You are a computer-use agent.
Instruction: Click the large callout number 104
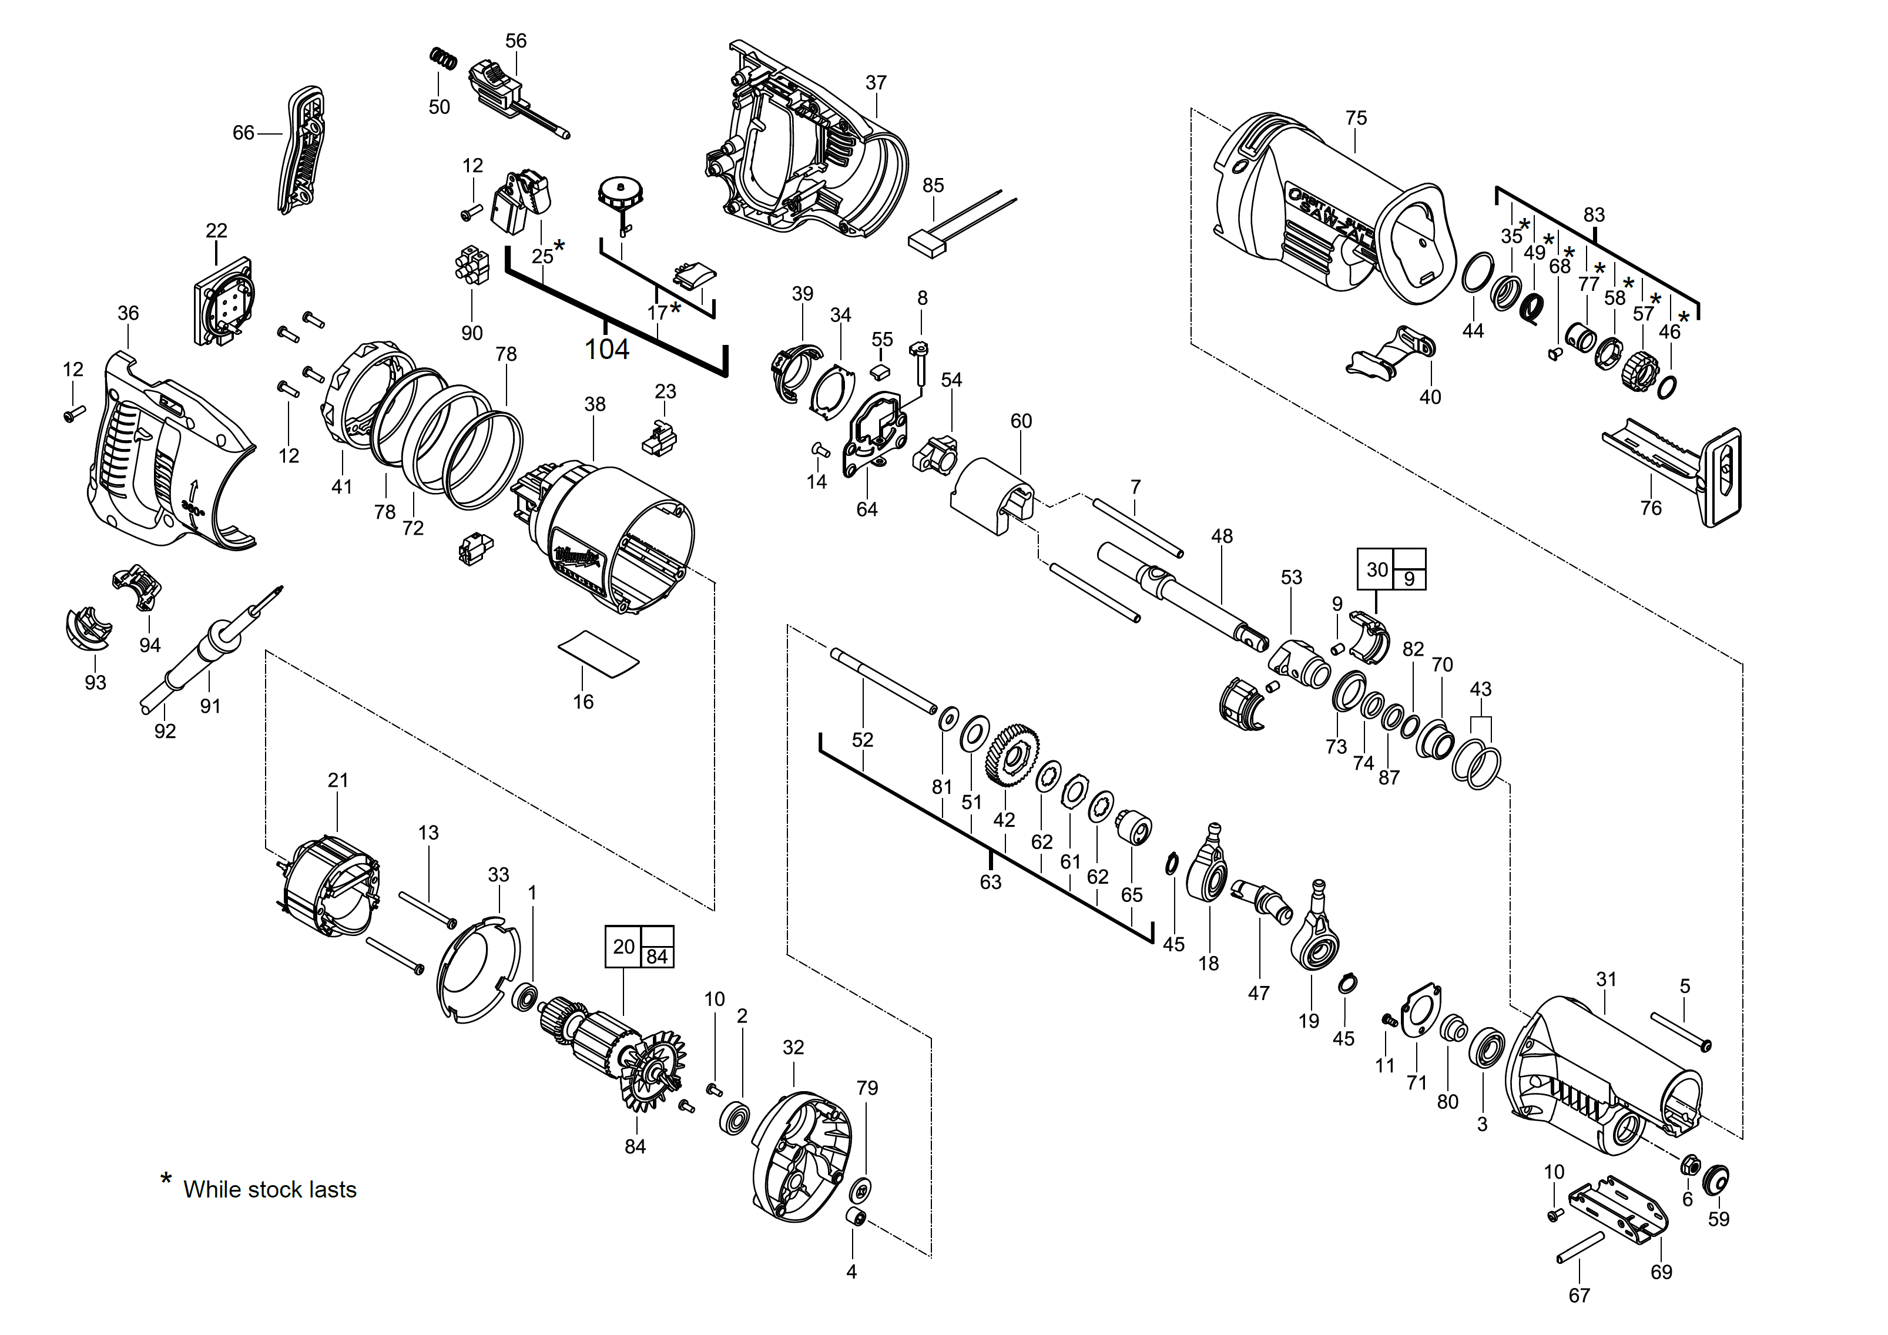point(606,350)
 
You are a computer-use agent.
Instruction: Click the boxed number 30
point(1377,569)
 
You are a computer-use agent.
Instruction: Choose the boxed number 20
point(624,946)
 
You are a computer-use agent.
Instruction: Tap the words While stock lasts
point(270,1189)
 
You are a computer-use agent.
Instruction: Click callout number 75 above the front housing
point(1356,118)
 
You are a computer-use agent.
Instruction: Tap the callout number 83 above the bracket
point(1594,214)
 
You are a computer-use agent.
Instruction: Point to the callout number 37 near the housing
point(876,83)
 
